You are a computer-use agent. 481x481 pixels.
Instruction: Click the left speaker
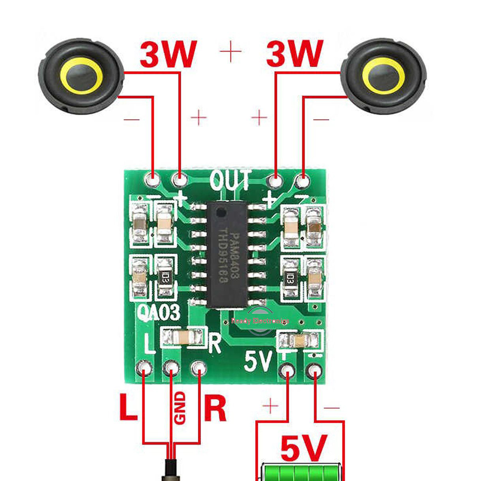tap(81, 75)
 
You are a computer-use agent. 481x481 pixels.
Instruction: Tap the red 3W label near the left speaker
tap(169, 55)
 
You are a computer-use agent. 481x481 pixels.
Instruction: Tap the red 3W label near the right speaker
tap(295, 54)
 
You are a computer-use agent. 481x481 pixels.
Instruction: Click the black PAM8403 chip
tap(227, 255)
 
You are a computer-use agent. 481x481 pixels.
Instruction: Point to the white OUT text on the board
tap(230, 180)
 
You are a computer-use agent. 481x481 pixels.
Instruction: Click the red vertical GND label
tap(180, 407)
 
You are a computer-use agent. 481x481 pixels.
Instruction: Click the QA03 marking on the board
tap(159, 313)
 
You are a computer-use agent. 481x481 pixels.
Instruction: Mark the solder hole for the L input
tap(145, 367)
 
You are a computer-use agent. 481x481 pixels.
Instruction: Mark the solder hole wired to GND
tap(171, 367)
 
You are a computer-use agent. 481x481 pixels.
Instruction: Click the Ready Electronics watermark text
tap(260, 321)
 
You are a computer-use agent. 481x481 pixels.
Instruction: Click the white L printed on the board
tap(149, 343)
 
